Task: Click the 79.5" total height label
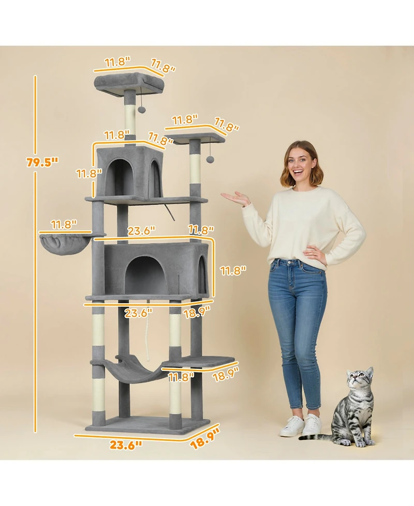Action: (x=42, y=162)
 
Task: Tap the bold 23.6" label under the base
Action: (x=125, y=444)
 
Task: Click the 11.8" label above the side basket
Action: (x=64, y=224)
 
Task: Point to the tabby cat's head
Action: (x=360, y=383)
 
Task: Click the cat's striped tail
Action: (x=318, y=438)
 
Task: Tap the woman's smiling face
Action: (x=301, y=165)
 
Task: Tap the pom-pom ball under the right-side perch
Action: (x=211, y=160)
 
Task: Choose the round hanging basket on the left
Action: (x=65, y=243)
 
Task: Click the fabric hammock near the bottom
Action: (x=132, y=370)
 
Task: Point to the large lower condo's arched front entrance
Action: (x=146, y=276)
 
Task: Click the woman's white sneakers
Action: (x=302, y=426)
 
